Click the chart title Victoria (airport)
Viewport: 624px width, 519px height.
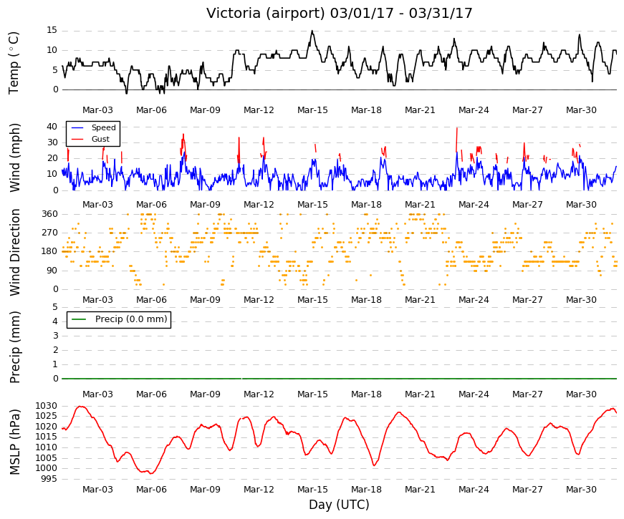click(266, 13)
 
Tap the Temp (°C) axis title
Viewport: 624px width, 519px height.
click(14, 63)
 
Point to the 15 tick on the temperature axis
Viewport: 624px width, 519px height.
click(52, 31)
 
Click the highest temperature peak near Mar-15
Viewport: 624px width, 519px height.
click(312, 31)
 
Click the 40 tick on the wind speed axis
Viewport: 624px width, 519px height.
click(52, 127)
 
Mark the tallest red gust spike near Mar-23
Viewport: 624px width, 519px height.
click(457, 139)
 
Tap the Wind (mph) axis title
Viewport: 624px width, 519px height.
click(14, 158)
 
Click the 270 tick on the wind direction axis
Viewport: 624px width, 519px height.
click(49, 233)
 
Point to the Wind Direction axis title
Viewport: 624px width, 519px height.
click(14, 253)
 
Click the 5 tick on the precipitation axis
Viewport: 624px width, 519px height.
click(55, 307)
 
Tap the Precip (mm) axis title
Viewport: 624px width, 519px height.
click(14, 347)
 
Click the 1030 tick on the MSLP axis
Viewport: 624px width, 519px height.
click(46, 406)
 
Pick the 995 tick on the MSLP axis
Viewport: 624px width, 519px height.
click(49, 479)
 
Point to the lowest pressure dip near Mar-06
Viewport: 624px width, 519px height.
click(150, 473)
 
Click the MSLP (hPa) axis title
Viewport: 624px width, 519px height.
click(14, 442)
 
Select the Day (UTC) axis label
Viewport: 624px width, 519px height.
click(339, 505)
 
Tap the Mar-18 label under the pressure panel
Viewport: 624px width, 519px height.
click(366, 490)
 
